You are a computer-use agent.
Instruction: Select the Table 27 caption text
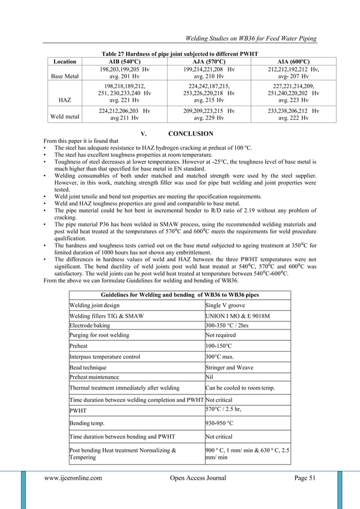[179, 54]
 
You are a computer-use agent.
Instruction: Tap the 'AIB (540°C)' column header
[124, 62]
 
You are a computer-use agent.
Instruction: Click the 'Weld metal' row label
[64, 118]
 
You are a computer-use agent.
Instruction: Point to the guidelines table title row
[179, 295]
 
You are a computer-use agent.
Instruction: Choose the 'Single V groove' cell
[226, 306]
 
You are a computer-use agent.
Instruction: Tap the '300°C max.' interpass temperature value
[221, 357]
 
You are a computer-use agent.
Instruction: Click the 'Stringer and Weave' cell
[230, 367]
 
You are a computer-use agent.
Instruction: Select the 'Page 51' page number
[308, 479]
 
